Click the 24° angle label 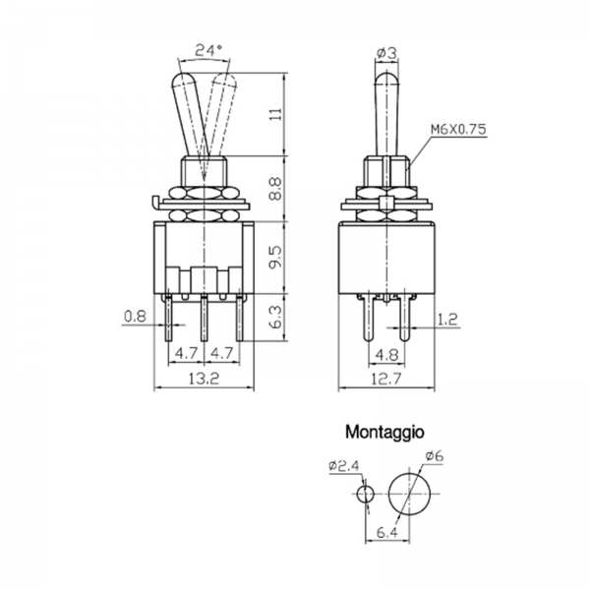pyautogui.click(x=209, y=49)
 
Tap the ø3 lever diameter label pyautogui.click(x=386, y=53)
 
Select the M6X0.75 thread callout pyautogui.click(x=458, y=129)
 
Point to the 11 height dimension pyautogui.click(x=276, y=114)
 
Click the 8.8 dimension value pyautogui.click(x=276, y=189)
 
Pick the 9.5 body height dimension pyautogui.click(x=276, y=257)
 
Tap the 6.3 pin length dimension pyautogui.click(x=276, y=317)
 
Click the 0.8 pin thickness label pyautogui.click(x=135, y=316)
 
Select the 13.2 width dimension pyautogui.click(x=204, y=379)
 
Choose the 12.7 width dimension pyautogui.click(x=386, y=379)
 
